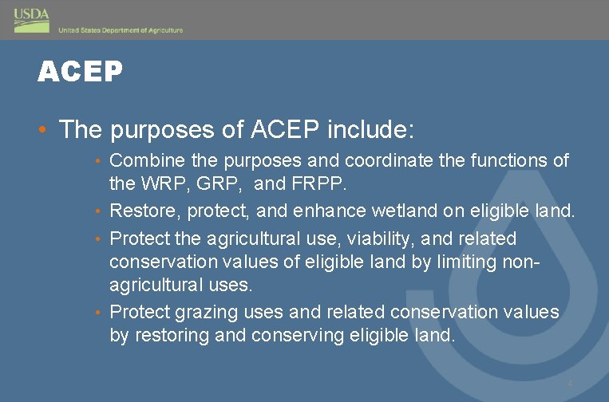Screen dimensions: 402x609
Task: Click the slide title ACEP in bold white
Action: (80, 73)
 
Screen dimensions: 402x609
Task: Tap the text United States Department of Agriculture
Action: (121, 30)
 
